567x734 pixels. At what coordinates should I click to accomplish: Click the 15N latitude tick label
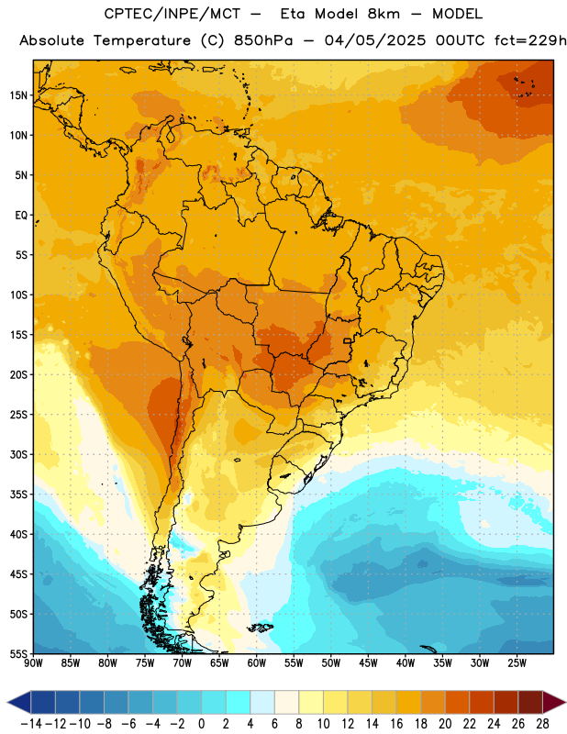[x=18, y=95]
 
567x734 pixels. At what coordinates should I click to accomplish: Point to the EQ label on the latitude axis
[x=21, y=216]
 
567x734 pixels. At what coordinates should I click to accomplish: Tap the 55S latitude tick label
[x=18, y=653]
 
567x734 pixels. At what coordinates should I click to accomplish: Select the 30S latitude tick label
[x=18, y=454]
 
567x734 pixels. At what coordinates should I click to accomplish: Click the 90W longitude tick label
[x=34, y=662]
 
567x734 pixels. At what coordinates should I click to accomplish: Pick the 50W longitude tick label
[x=331, y=662]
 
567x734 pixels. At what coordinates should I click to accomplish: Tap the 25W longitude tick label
[x=517, y=662]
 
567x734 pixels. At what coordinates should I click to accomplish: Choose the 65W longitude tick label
[x=219, y=662]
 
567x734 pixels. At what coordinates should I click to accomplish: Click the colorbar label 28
[x=542, y=724]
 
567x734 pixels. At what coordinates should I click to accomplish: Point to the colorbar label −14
[x=31, y=724]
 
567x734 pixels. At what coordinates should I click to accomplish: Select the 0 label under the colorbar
[x=202, y=724]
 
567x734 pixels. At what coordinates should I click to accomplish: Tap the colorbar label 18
[x=420, y=724]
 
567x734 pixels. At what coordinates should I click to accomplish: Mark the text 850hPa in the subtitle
[x=263, y=40]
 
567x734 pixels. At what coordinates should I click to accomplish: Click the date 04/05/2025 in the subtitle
[x=375, y=40]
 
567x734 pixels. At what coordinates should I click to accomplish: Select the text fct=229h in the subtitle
[x=530, y=40]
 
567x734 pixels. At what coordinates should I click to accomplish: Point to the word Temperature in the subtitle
[x=142, y=40]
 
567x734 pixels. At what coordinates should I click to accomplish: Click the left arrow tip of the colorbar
[x=7, y=702]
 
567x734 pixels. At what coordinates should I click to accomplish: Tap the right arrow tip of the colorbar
[x=565, y=702]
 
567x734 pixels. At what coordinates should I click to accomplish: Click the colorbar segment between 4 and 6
[x=262, y=702]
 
